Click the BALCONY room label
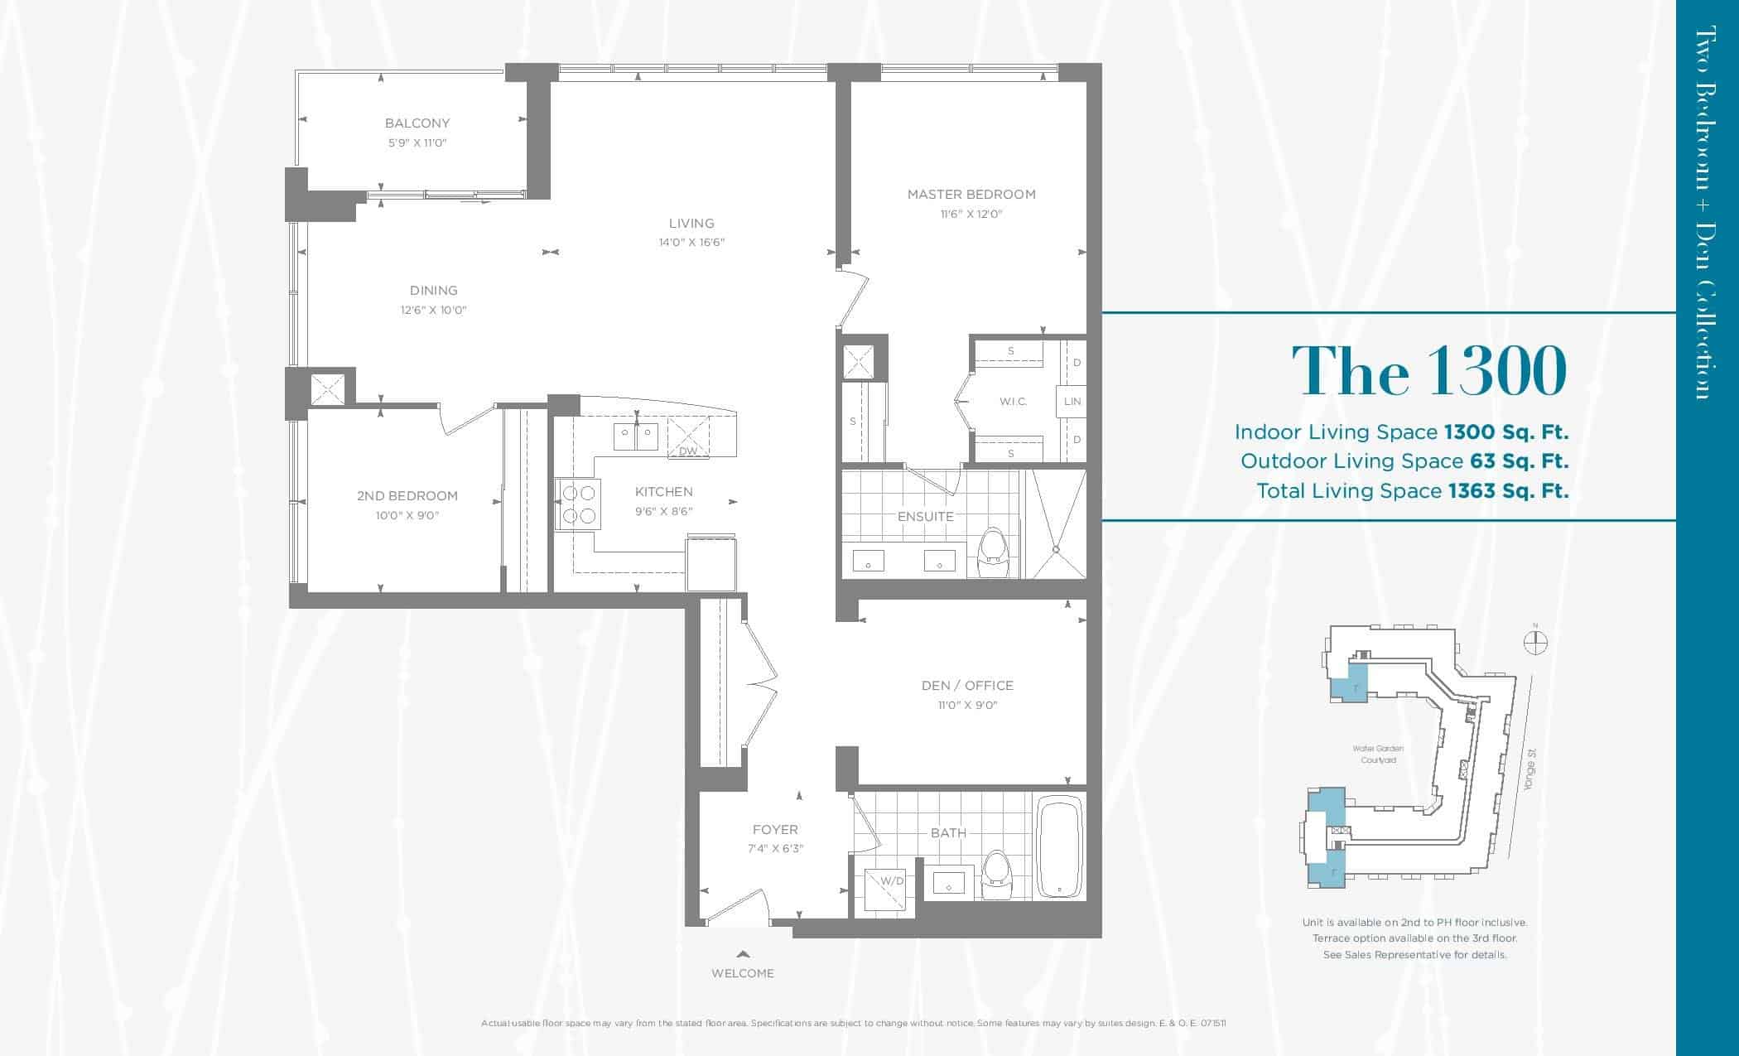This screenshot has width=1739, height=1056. click(x=417, y=123)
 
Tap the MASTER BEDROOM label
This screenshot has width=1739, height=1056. click(x=971, y=195)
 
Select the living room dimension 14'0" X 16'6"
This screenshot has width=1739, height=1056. click(x=691, y=243)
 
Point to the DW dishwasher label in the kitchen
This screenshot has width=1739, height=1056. click(x=688, y=451)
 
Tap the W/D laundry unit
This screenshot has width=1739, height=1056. click(x=885, y=891)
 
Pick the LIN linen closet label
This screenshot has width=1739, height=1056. click(x=1072, y=402)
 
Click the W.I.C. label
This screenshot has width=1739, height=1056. click(x=1013, y=402)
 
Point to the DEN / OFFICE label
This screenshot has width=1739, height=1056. click(x=967, y=686)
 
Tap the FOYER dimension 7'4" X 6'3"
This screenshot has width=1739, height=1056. click(x=775, y=849)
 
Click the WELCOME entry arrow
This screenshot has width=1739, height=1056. click(x=743, y=954)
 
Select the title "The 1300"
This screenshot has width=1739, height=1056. click(x=1429, y=370)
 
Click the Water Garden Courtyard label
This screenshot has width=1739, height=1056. click(x=1378, y=754)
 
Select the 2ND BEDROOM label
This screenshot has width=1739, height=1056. click(x=407, y=496)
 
